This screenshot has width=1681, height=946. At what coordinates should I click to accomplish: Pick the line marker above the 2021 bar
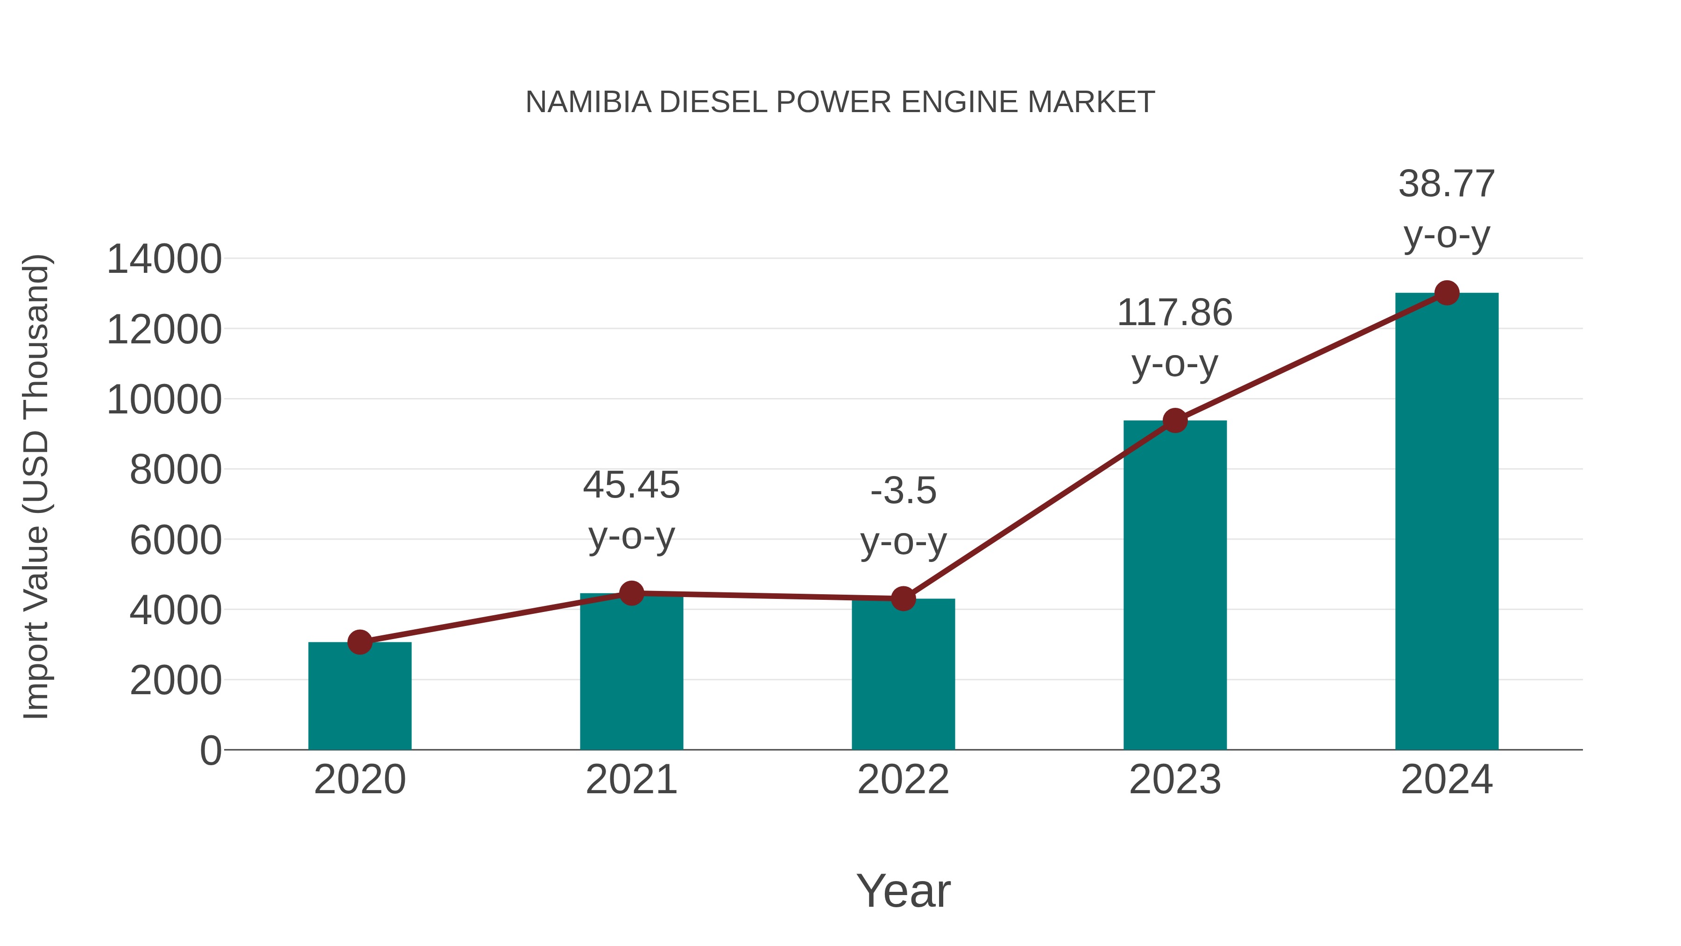coord(631,593)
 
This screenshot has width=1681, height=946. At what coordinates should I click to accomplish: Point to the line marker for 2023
coord(1175,421)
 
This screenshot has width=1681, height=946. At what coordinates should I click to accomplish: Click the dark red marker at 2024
coord(1447,293)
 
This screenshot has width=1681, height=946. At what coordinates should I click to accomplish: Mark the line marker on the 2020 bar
coord(360,642)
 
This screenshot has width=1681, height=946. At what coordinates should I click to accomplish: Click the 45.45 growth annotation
coord(631,486)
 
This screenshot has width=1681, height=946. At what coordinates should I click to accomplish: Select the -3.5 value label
coord(903,491)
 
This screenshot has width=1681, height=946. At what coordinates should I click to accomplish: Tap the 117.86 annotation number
coord(1175,313)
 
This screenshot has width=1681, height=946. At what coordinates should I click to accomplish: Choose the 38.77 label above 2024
coord(1447,184)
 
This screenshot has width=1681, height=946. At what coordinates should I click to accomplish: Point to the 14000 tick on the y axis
coord(164,259)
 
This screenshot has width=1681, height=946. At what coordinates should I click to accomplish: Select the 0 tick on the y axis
coord(210,751)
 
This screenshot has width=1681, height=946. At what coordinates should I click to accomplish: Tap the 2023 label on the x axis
coord(1175,780)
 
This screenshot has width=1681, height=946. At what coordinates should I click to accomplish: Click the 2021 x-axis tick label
coord(631,780)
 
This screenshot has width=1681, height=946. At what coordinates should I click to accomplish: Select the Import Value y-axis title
coord(36,486)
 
